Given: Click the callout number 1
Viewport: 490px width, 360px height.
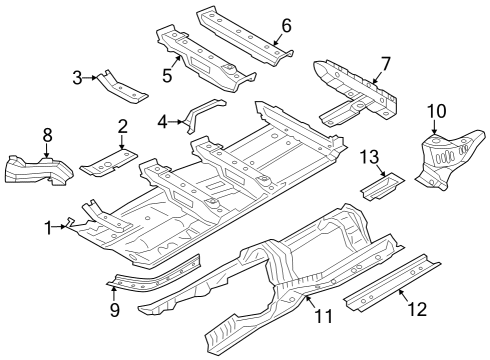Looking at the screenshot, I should [47, 228].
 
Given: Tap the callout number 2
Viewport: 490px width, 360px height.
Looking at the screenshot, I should [122, 126].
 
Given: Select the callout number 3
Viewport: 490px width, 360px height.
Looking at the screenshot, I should [78, 76].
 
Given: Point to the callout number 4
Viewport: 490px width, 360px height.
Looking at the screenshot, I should [163, 122].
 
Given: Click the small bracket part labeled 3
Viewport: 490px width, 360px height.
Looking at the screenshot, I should [122, 88].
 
